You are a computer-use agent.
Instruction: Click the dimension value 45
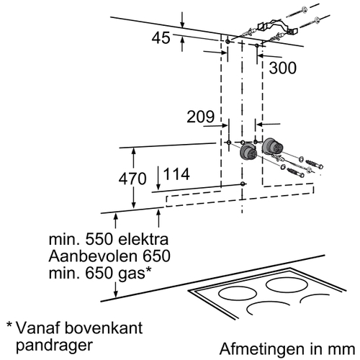[x=161, y=38]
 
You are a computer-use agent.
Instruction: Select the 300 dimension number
[x=283, y=68]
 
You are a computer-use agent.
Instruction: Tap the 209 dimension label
[x=200, y=117]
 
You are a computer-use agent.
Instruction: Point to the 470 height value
[x=132, y=179]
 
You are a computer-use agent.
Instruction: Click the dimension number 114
[x=176, y=174]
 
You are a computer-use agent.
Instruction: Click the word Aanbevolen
[x=93, y=256]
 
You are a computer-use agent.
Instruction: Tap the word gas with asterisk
[x=135, y=274]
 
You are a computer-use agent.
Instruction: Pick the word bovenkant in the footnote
[x=104, y=328]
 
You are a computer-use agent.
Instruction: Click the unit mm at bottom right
[x=343, y=351]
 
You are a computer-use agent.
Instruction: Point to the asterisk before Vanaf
[x=9, y=325]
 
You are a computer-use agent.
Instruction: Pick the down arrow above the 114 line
[x=158, y=178]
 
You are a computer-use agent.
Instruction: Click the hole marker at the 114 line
[x=243, y=184]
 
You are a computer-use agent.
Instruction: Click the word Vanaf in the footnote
[x=38, y=328]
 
